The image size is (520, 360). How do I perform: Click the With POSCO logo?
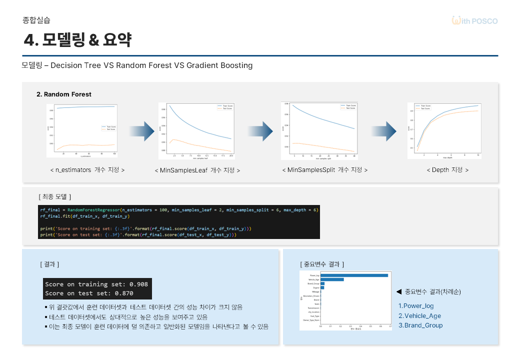(x=474, y=20)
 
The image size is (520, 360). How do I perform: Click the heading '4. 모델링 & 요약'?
(x=77, y=39)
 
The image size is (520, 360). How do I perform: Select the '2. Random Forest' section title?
(x=64, y=94)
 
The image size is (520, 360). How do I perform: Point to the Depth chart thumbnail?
(x=444, y=130)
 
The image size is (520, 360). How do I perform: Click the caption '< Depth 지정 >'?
(x=447, y=170)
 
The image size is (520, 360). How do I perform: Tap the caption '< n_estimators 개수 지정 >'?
(x=87, y=170)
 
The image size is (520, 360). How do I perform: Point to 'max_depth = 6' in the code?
(x=298, y=209)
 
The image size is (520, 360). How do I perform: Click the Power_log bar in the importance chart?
(x=354, y=275)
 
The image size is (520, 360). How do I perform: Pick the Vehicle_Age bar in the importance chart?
(x=332, y=279)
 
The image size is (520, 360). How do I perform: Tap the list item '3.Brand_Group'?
(x=420, y=325)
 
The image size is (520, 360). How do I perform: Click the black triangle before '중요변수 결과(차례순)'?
(x=399, y=291)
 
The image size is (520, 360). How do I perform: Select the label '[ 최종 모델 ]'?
(x=55, y=196)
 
